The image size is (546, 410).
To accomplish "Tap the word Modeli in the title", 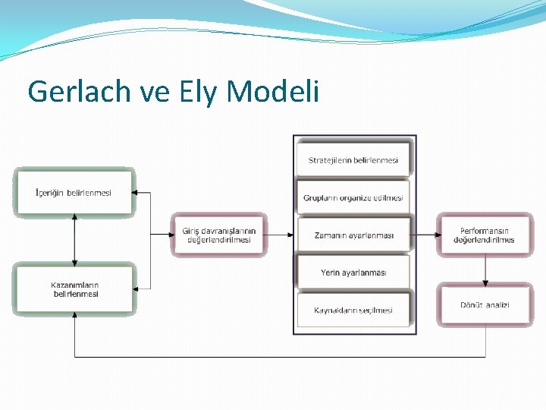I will pyautogui.click(x=272, y=92).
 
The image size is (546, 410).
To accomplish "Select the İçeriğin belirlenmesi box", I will pyautogui.click(x=74, y=193).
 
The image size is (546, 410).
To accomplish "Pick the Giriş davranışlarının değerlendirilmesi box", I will pyautogui.click(x=218, y=235).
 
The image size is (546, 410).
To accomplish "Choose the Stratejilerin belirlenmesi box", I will pyautogui.click(x=353, y=160).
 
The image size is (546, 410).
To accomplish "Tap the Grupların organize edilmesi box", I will pyautogui.click(x=353, y=198).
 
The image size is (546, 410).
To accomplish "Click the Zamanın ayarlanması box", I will pyautogui.click(x=353, y=235).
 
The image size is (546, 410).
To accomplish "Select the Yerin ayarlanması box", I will pyautogui.click(x=353, y=273).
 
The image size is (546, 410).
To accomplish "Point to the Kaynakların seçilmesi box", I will pyautogui.click(x=353, y=310).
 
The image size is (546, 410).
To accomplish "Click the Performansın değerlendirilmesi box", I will pyautogui.click(x=484, y=235).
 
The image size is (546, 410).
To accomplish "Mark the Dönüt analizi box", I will pyautogui.click(x=485, y=304).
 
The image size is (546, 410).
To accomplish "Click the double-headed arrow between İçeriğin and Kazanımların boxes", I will pyautogui.click(x=74, y=241).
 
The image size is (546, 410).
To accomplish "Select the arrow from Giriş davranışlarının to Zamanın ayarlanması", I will pyautogui.click(x=280, y=235).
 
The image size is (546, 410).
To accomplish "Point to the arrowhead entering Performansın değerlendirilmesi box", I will pyautogui.click(x=433, y=235).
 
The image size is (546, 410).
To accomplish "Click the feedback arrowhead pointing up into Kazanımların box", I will pyautogui.click(x=74, y=319).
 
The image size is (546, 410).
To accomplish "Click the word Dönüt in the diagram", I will pyautogui.click(x=472, y=304).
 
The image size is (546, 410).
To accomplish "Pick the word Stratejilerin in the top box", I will pyautogui.click(x=330, y=160).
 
